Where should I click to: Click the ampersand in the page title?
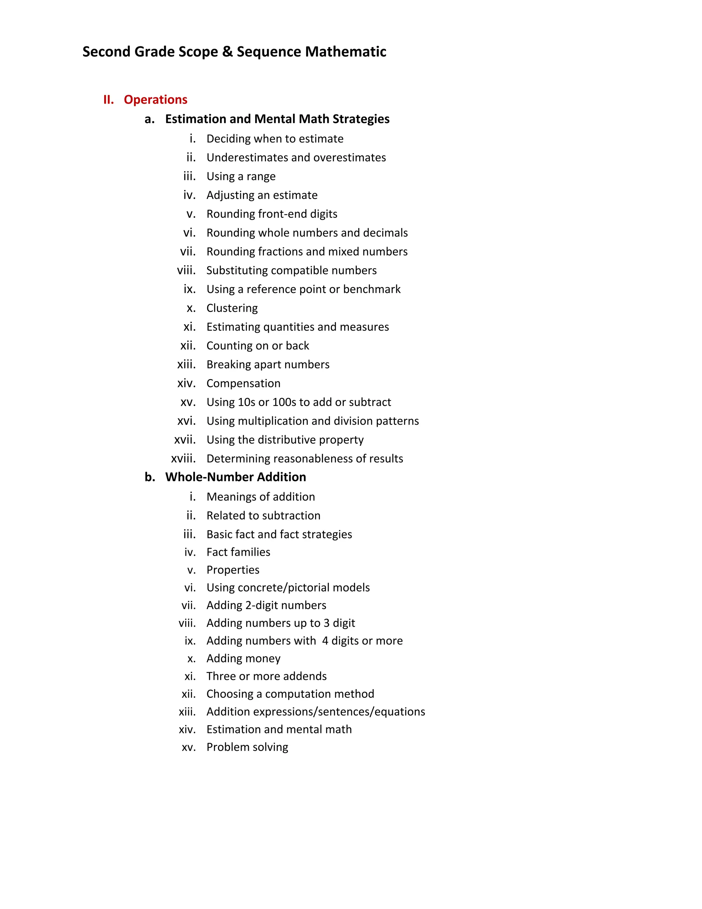pyautogui.click(x=227, y=51)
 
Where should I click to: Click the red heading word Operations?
pyautogui.click(x=156, y=99)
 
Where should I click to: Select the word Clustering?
pyautogui.click(x=232, y=308)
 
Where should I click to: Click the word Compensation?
pyautogui.click(x=243, y=383)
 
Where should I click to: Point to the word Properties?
pyautogui.click(x=233, y=570)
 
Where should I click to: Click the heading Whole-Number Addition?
pyautogui.click(x=235, y=477)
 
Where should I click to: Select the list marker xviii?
pyautogui.click(x=183, y=459)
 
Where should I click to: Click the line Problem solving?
pyautogui.click(x=247, y=747)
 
